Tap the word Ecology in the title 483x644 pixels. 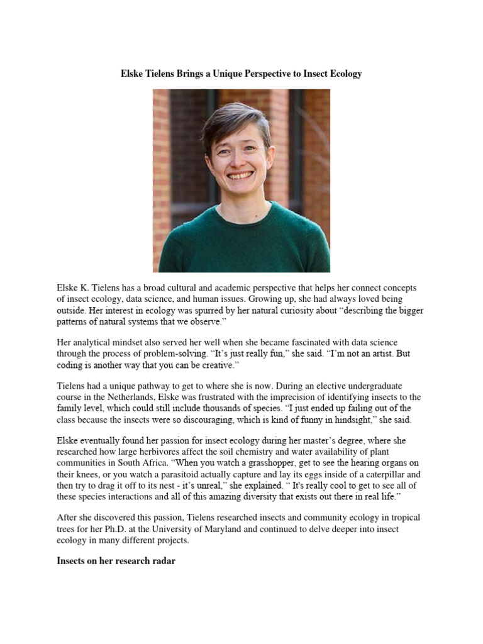(344, 74)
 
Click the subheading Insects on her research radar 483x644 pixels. (116, 560)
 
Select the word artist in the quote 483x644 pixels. (359, 354)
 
